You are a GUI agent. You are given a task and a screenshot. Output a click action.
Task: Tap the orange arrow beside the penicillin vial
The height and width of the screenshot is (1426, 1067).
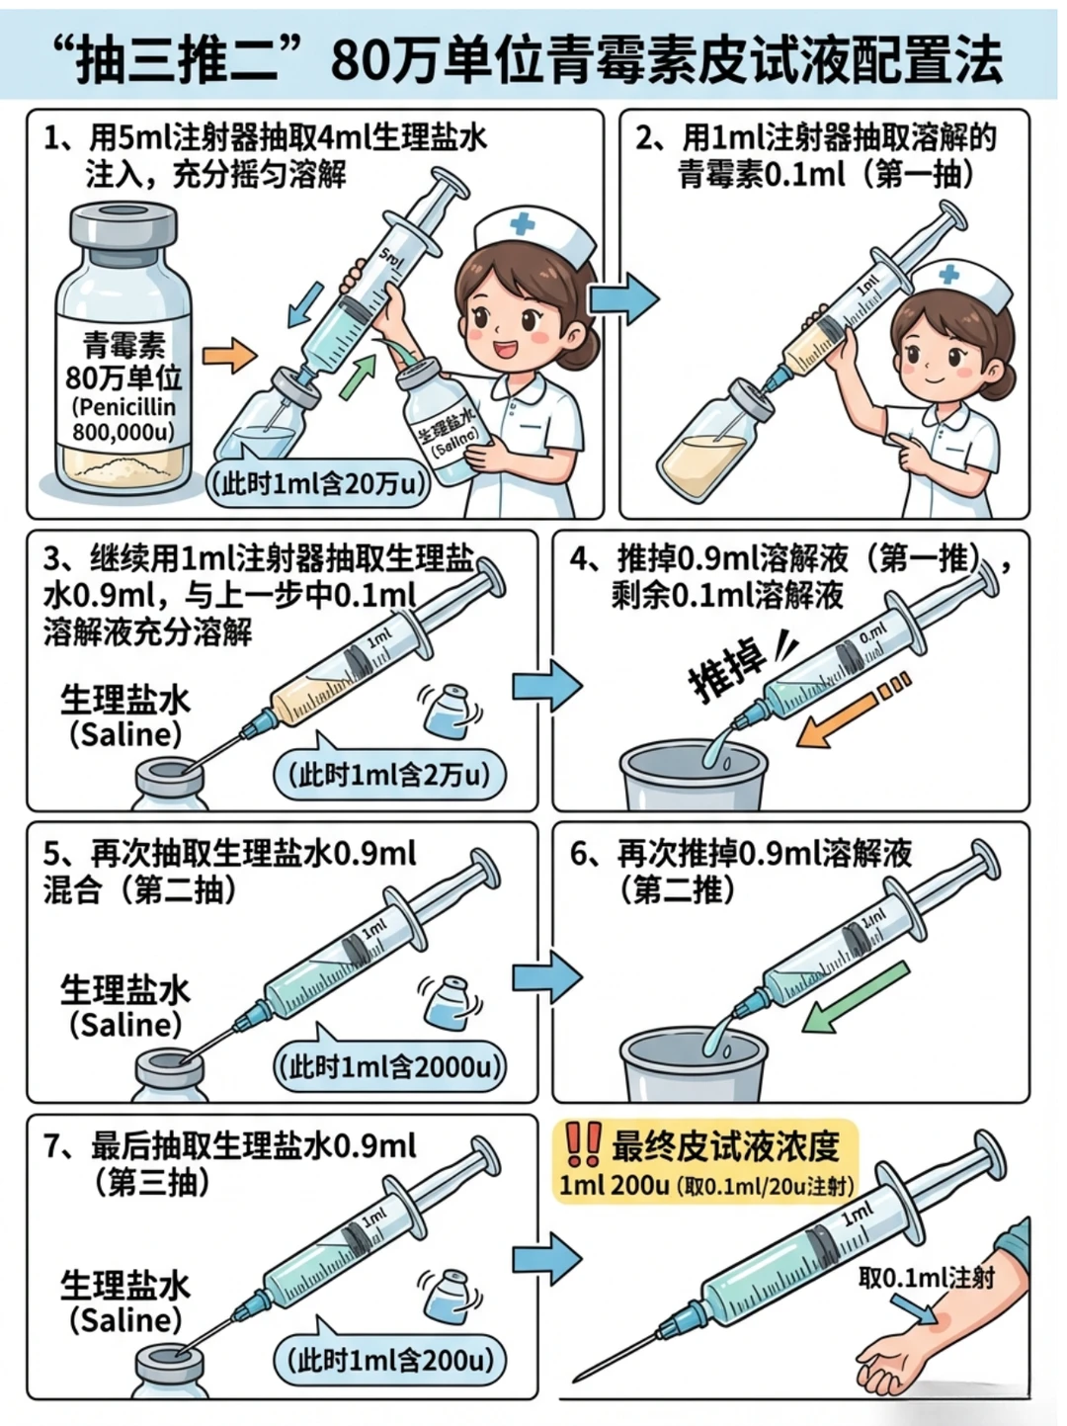pyautogui.click(x=229, y=355)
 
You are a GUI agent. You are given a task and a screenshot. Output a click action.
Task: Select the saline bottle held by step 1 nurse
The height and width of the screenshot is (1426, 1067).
pyautogui.click(x=443, y=425)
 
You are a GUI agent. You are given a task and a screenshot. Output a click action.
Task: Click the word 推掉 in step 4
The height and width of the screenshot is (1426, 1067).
pyautogui.click(x=727, y=672)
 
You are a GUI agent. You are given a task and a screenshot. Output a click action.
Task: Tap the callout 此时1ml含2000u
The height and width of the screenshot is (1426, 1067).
pyautogui.click(x=390, y=1067)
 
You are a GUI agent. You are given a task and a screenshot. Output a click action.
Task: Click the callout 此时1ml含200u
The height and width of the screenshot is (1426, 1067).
pyautogui.click(x=390, y=1360)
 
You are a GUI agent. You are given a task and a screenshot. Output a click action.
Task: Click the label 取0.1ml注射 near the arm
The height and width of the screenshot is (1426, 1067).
pyautogui.click(x=927, y=1278)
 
